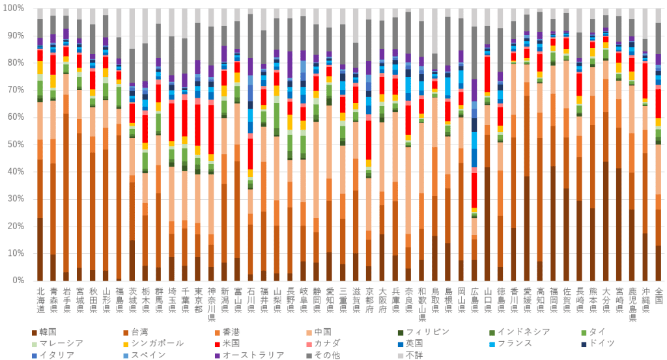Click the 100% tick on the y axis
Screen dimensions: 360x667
(14, 8)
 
